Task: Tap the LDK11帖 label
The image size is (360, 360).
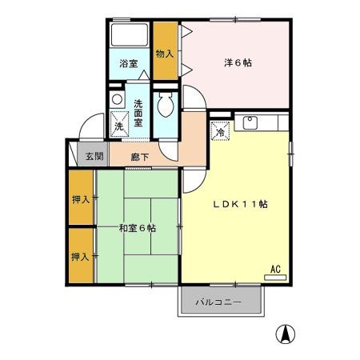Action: pyautogui.click(x=239, y=203)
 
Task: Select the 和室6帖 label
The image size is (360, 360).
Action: pyautogui.click(x=137, y=228)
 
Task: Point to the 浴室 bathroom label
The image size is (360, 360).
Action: pyautogui.click(x=129, y=63)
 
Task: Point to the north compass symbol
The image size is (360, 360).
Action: pyautogui.click(x=284, y=334)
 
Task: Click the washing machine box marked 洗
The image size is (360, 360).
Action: pyautogui.click(x=118, y=125)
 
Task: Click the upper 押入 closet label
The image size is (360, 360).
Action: pyautogui.click(x=79, y=199)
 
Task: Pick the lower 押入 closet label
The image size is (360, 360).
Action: pyautogui.click(x=79, y=257)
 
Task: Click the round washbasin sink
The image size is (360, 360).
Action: pyautogui.click(x=117, y=100)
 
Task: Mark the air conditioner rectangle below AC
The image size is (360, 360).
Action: pyautogui.click(x=275, y=278)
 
